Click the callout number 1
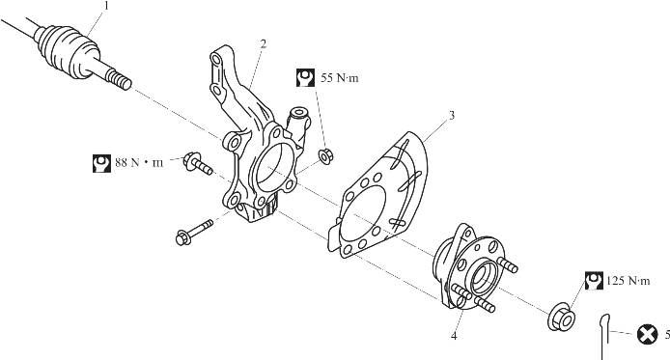(x=106, y=6)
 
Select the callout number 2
(x=264, y=43)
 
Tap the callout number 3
(x=452, y=115)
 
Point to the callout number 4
(x=454, y=336)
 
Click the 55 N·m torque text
(x=340, y=78)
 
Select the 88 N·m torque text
(x=139, y=163)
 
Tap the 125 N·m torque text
(x=628, y=281)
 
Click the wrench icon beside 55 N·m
(x=305, y=78)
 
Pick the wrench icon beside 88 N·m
(x=101, y=163)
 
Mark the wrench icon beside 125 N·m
(x=595, y=281)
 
